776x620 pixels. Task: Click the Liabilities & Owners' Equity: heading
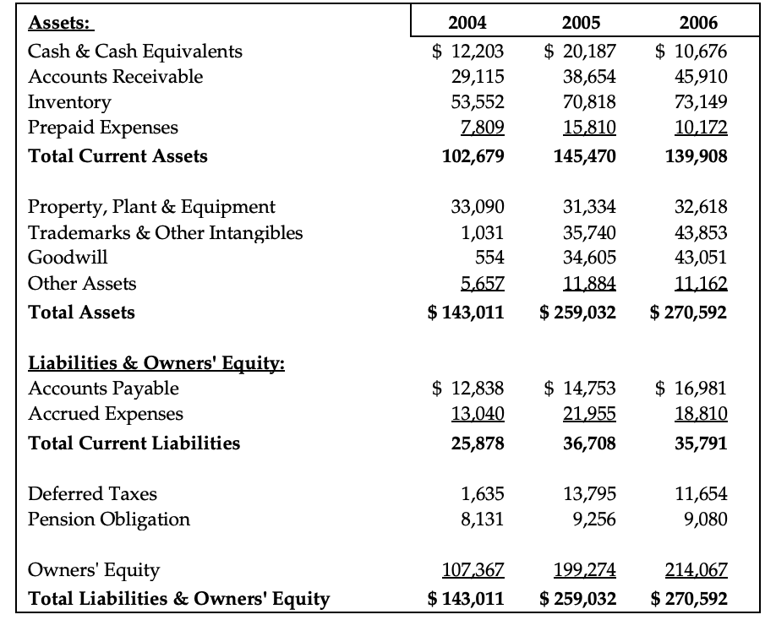pos(156,363)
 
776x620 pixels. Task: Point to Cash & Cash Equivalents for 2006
pos(691,51)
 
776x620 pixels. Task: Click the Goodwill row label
pos(68,258)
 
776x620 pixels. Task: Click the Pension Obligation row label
pos(109,519)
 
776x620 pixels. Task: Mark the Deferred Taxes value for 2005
pos(589,493)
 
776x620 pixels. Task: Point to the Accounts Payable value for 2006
pos(691,389)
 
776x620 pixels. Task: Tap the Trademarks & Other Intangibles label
pos(166,232)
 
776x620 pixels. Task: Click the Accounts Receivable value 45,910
pos(698,77)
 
